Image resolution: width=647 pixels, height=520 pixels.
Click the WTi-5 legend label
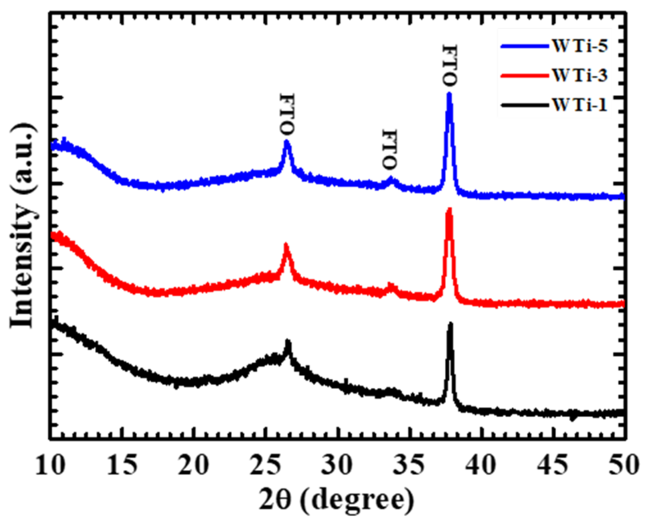pyautogui.click(x=580, y=46)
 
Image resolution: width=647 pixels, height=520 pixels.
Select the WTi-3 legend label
pyautogui.click(x=580, y=75)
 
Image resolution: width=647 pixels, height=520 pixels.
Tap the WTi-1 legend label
pyautogui.click(x=580, y=105)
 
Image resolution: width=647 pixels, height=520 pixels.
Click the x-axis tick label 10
pyautogui.click(x=50, y=466)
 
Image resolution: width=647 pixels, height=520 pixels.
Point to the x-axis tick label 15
pyautogui.click(x=122, y=466)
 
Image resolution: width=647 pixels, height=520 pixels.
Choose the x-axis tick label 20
pyautogui.click(x=194, y=466)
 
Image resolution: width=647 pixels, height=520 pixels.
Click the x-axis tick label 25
pyautogui.click(x=266, y=466)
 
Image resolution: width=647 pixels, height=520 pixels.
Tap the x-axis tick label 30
pyautogui.click(x=337, y=466)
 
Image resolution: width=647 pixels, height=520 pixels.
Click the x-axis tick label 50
pyautogui.click(x=624, y=466)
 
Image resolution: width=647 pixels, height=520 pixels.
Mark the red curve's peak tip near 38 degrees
pyautogui.click(x=449, y=210)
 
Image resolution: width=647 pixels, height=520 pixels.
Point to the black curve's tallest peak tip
pyautogui.click(x=450, y=324)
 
